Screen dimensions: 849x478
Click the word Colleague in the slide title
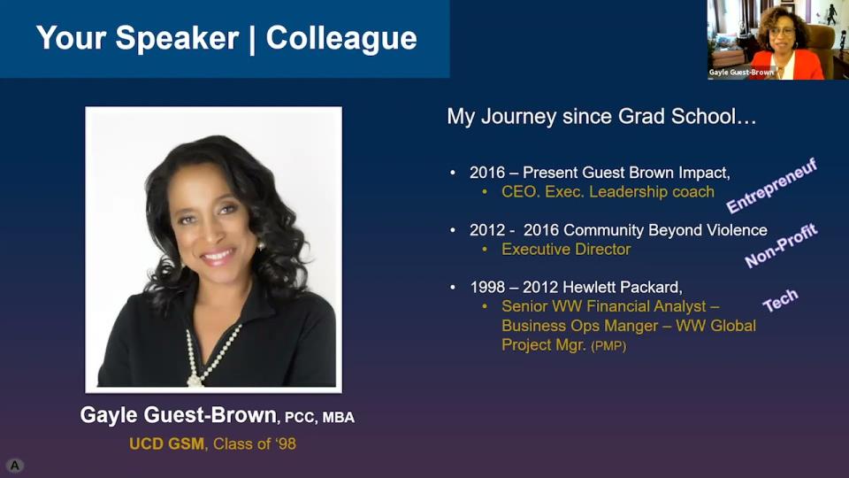coord(341,39)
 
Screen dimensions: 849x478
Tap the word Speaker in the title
coord(177,39)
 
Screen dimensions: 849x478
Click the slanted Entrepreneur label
coord(771,186)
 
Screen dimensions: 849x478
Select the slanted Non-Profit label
coord(781,245)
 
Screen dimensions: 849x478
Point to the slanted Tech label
coord(780,300)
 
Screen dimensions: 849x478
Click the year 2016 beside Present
coord(487,173)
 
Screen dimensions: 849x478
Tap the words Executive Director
coord(566,250)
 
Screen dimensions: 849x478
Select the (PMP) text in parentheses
coord(608,346)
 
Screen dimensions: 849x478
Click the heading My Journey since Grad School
coord(601,117)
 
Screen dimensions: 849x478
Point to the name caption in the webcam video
coord(741,72)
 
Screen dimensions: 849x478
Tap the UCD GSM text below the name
coord(167,443)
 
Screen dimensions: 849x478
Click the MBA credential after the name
coord(339,418)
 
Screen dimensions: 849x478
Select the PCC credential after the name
coord(300,418)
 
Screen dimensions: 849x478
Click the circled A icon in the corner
coord(15,465)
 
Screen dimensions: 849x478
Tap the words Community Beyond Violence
coord(665,230)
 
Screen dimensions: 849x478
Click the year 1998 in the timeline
coord(487,287)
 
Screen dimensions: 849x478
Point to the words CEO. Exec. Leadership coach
coord(608,192)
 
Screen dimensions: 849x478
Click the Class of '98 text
coord(255,443)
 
